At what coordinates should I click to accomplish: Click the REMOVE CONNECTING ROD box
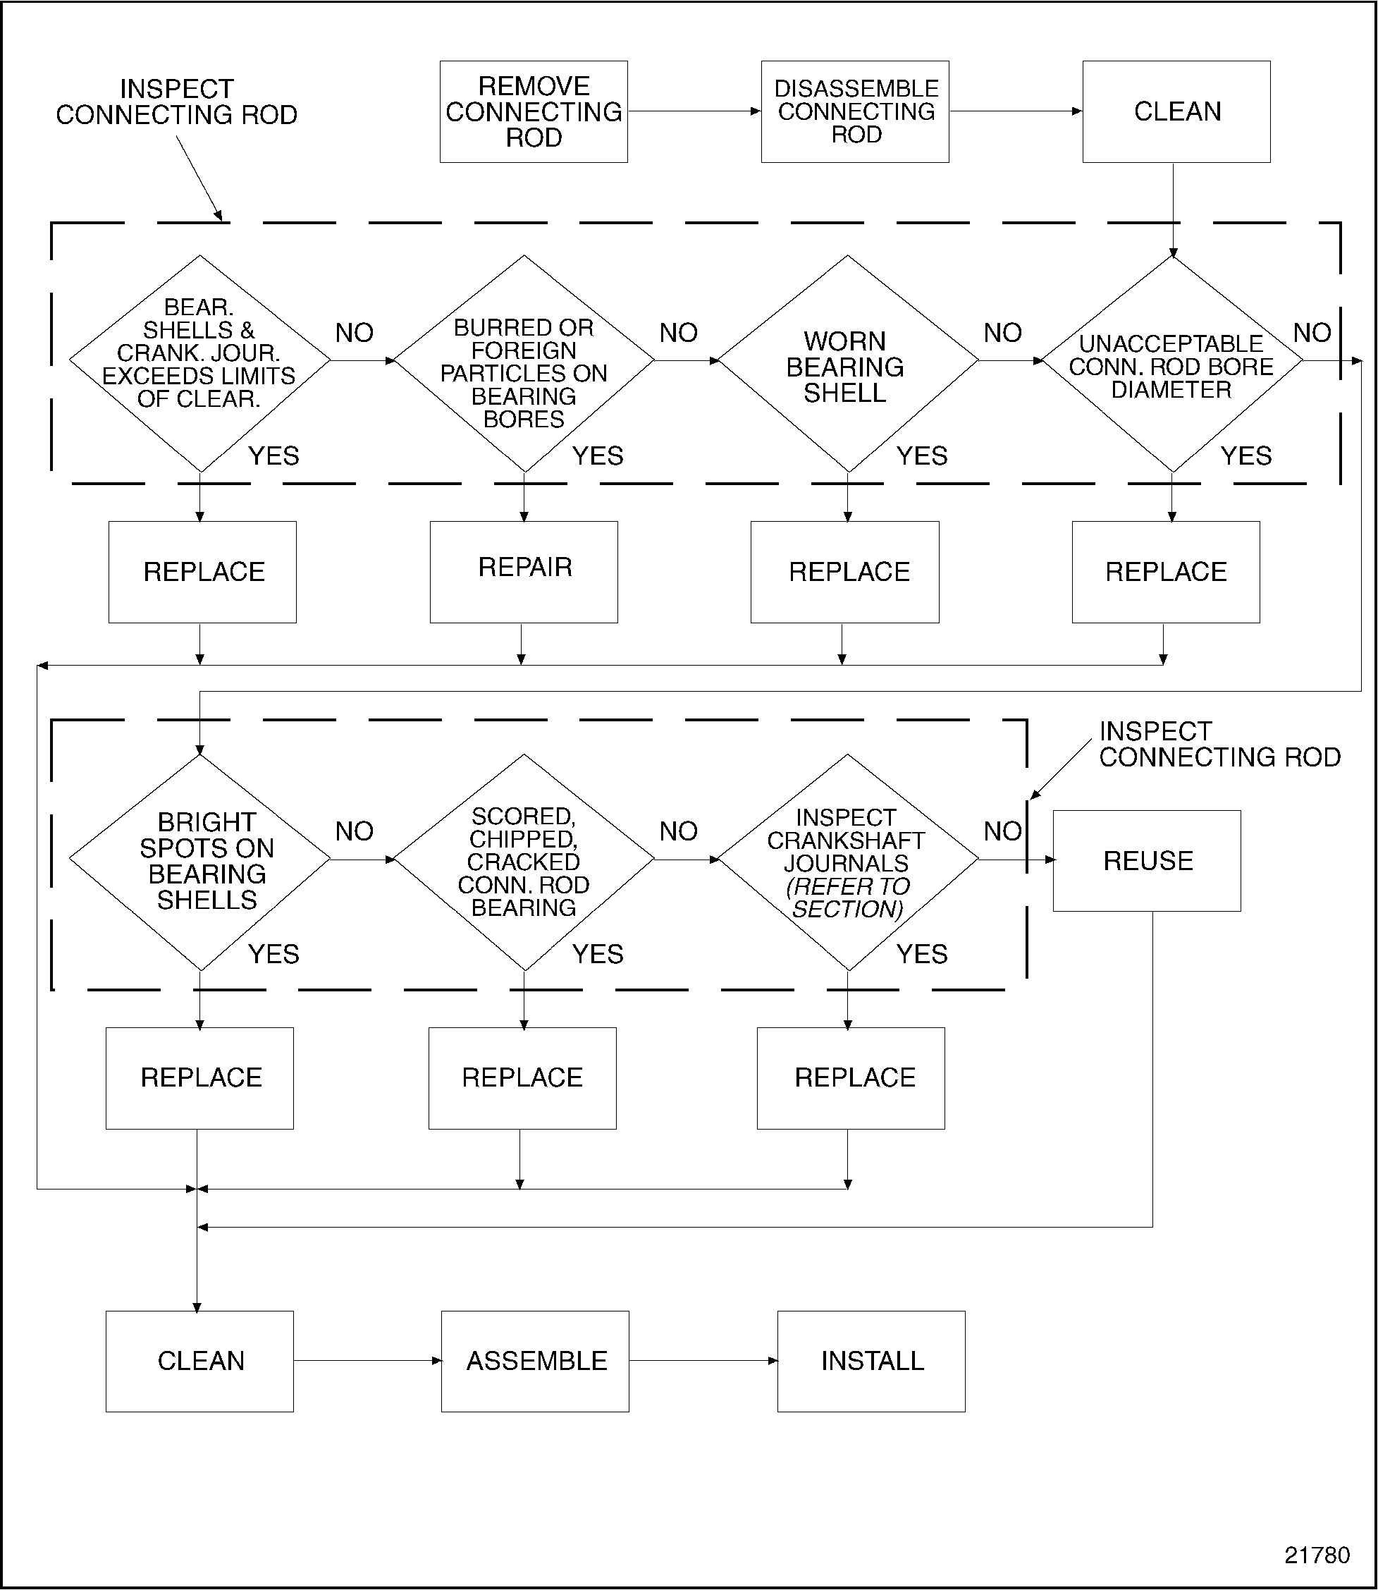pyautogui.click(x=534, y=111)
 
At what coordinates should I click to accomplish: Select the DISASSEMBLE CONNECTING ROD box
pyautogui.click(x=855, y=111)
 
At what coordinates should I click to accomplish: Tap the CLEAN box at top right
pyautogui.click(x=1176, y=111)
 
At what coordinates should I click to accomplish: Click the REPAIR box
pyautogui.click(x=524, y=572)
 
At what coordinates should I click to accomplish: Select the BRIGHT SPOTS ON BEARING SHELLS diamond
pyautogui.click(x=201, y=862)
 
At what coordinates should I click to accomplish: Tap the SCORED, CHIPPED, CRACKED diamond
pyautogui.click(x=524, y=862)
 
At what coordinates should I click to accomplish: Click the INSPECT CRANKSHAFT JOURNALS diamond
pyautogui.click(x=847, y=862)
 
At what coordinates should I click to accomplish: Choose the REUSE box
pyautogui.click(x=1147, y=861)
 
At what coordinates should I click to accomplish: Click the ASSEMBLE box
pyautogui.click(x=535, y=1362)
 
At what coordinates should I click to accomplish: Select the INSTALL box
pyautogui.click(x=871, y=1362)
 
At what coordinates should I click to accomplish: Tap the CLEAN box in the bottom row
pyautogui.click(x=200, y=1362)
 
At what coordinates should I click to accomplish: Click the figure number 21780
pyautogui.click(x=1317, y=1555)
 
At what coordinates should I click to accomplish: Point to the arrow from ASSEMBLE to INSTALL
pyautogui.click(x=703, y=1361)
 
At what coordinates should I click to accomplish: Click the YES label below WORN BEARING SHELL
pyautogui.click(x=921, y=456)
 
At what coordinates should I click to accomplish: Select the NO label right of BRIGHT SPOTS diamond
pyautogui.click(x=355, y=831)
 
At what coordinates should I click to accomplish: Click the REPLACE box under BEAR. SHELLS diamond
pyautogui.click(x=203, y=572)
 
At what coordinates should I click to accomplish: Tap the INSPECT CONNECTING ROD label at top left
pyautogui.click(x=176, y=102)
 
